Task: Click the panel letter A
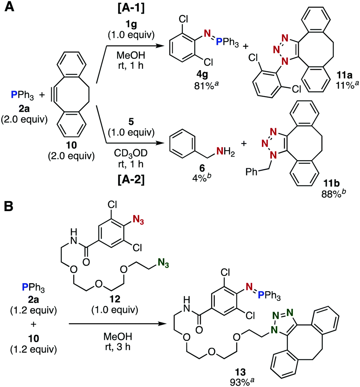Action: [x=8, y=8]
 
